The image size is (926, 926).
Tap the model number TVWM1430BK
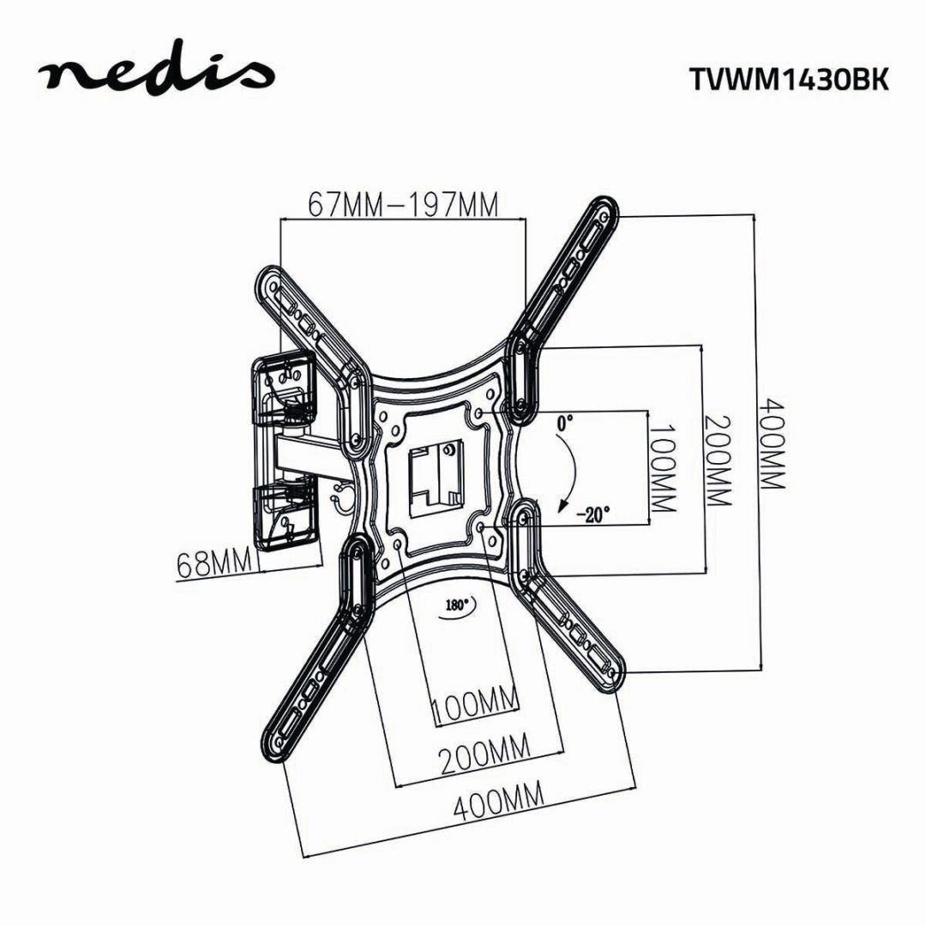pos(789,78)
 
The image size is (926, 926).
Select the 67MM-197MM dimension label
pos(403,206)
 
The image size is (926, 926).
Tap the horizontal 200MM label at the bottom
pos(484,757)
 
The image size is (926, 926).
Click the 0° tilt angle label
pos(564,422)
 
